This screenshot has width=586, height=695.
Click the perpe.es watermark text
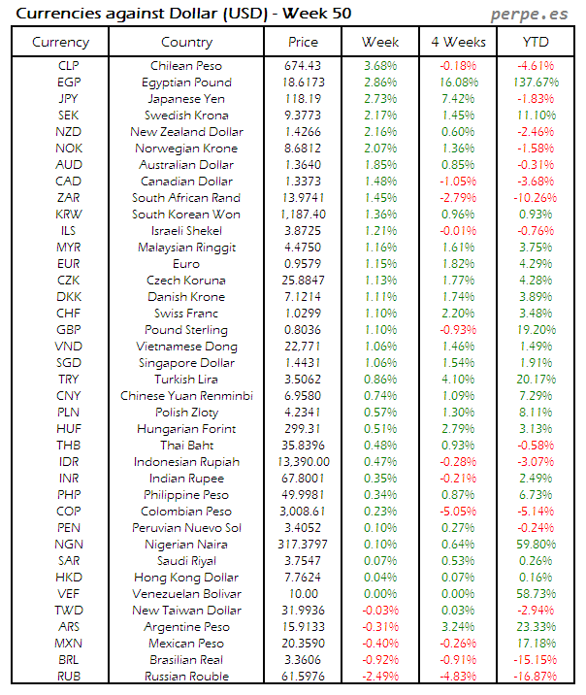click(530, 14)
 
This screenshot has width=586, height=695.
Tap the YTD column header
click(535, 42)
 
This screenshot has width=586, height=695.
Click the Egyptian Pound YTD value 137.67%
click(535, 83)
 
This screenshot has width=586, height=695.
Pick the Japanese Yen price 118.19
click(303, 99)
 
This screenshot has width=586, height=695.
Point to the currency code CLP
click(69, 66)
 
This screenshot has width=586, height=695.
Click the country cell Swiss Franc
click(186, 314)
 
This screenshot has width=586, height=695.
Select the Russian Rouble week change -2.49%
click(379, 677)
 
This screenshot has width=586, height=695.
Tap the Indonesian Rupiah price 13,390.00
click(303, 462)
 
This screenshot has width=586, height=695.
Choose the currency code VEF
click(69, 594)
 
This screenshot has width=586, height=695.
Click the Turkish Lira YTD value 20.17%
click(535, 380)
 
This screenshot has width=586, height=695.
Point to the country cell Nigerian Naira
click(186, 545)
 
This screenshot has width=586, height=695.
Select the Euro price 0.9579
click(303, 264)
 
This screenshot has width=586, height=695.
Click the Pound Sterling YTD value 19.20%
click(535, 330)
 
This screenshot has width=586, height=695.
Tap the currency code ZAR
click(69, 198)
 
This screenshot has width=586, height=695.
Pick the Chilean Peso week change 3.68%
click(379, 66)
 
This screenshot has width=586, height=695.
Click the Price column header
click(303, 42)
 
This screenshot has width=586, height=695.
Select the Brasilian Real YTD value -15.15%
click(535, 660)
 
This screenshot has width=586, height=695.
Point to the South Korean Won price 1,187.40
click(303, 215)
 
